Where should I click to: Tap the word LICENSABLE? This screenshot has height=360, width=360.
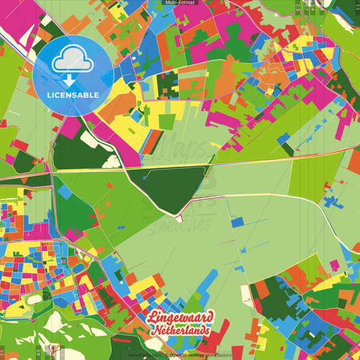pyautogui.click(x=73, y=95)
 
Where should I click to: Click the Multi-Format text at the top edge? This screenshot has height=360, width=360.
pyautogui.click(x=180, y=3)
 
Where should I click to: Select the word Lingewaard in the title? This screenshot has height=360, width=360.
pyautogui.click(x=180, y=317)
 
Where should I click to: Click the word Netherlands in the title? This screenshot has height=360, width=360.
pyautogui.click(x=180, y=330)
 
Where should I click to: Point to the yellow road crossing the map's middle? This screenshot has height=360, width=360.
pyautogui.click(x=203, y=165)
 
